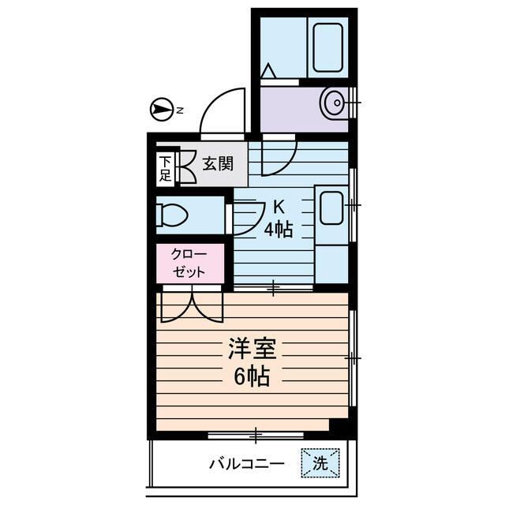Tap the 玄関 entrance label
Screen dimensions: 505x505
(x=217, y=164)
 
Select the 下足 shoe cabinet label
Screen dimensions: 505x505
(x=165, y=169)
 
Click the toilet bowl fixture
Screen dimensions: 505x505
(x=173, y=215)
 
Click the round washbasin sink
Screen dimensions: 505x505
(x=334, y=102)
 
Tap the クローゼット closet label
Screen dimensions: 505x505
(x=190, y=263)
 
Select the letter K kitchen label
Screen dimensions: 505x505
(x=278, y=208)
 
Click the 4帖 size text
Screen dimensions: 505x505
(x=278, y=230)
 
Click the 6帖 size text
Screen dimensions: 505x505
(x=251, y=377)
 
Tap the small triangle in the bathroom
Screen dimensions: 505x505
(x=268, y=72)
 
